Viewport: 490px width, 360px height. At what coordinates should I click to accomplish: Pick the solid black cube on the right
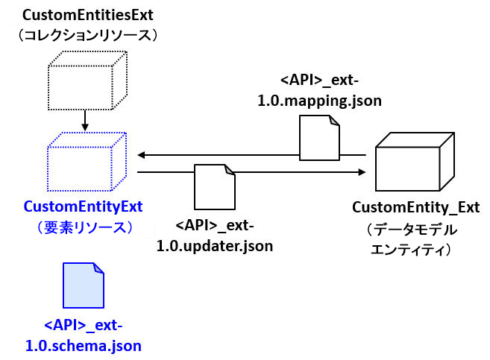tap(414, 163)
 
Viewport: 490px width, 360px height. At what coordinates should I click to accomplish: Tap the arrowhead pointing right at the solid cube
tap(362, 172)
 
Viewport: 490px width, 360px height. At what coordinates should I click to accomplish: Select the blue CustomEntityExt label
tap(84, 206)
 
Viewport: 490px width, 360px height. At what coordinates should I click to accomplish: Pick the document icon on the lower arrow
tap(215, 188)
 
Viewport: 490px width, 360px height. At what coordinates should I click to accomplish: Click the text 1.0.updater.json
tap(215, 245)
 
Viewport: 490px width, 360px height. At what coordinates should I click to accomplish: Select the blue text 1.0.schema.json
tap(84, 345)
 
